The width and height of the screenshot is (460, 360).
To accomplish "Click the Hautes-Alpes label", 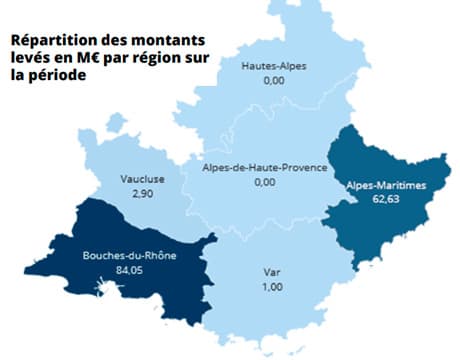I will (x=274, y=66).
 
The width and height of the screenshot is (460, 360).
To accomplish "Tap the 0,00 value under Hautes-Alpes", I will (x=274, y=82).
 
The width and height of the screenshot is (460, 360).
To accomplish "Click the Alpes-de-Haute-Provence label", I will (x=264, y=167).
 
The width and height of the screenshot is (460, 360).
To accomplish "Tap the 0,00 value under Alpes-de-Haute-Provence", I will (x=264, y=183).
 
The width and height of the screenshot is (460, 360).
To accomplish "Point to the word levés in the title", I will (x=32, y=60).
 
